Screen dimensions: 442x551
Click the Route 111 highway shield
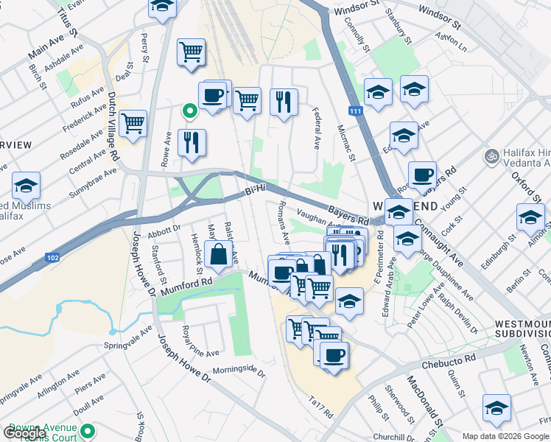(357, 111)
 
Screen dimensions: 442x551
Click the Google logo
(25, 433)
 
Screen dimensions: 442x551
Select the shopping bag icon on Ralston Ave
(219, 255)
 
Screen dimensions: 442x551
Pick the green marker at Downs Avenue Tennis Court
(88, 431)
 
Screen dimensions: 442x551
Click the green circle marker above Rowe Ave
(189, 112)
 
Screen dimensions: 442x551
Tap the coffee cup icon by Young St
(422, 175)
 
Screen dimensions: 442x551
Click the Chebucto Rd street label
(446, 365)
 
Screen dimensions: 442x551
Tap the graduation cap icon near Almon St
(530, 217)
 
